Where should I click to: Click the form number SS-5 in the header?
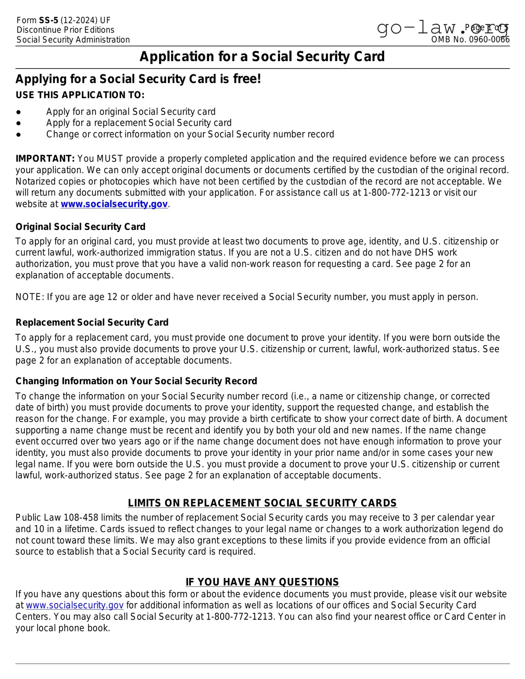tap(48, 20)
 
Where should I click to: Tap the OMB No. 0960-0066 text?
tap(470, 39)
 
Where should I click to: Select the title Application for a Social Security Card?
tap(262, 56)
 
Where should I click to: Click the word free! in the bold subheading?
tap(247, 79)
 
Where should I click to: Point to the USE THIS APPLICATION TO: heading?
tap(80, 95)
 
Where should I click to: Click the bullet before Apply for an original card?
tap(19, 112)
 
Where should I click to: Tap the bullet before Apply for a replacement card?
tap(19, 123)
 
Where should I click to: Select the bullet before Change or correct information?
tap(19, 134)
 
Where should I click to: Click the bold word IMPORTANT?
tap(45, 159)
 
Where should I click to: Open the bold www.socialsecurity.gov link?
tap(114, 204)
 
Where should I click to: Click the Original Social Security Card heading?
tap(80, 227)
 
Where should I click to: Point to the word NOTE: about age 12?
tap(30, 297)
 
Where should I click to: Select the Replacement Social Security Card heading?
tap(92, 322)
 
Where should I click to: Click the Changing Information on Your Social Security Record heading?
tap(136, 381)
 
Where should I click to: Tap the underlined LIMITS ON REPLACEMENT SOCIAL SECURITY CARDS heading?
tap(262, 503)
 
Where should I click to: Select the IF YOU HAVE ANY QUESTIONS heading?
tap(262, 582)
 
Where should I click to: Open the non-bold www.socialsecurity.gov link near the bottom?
tap(75, 605)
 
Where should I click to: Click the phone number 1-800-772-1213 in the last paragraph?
tap(240, 616)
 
